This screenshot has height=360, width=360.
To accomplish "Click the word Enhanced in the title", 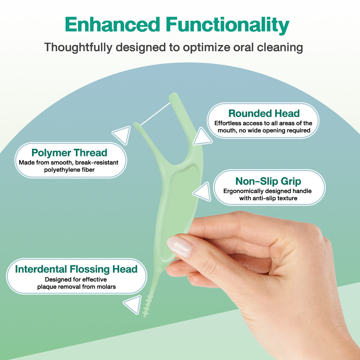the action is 112,25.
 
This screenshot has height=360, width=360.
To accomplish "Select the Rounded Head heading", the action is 264,113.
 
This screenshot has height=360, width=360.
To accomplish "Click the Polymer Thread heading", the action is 69,153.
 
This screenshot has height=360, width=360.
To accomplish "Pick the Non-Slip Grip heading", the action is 268,181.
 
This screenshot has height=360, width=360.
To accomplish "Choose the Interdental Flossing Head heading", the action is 76,269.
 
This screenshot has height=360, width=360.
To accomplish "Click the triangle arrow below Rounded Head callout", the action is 202,137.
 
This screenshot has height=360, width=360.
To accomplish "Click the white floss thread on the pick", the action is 155,114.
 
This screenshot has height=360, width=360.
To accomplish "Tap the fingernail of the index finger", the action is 180,246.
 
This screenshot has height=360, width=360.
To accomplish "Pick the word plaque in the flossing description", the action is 47,287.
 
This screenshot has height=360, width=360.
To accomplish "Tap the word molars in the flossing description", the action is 107,287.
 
